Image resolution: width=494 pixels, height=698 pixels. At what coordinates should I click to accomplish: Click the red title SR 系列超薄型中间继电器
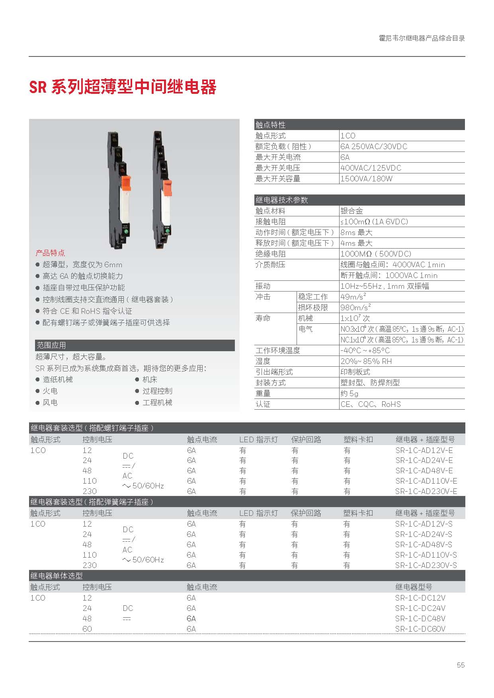coord(123,87)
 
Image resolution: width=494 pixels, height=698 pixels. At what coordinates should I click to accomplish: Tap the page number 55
coord(461,665)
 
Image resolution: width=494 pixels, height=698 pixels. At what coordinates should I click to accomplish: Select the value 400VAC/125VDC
coord(371,168)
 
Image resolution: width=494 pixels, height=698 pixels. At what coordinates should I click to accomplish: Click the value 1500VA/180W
coord(366,179)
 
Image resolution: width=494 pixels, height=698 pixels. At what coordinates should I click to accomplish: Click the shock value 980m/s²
coord(355,307)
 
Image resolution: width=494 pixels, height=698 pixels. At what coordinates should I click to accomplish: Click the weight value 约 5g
coord(349,393)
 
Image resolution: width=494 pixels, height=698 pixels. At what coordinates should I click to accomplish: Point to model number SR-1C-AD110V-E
coord(426,481)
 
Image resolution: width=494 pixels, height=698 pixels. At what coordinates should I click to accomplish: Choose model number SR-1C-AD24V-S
coord(424,534)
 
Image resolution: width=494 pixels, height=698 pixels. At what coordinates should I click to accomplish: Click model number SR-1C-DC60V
coord(420,629)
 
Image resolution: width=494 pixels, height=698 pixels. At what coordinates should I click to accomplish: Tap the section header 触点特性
coord(271,125)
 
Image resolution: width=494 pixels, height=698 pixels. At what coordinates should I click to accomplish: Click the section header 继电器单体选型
coord(57,576)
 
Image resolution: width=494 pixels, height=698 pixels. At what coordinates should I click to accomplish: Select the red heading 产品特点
coord(50,253)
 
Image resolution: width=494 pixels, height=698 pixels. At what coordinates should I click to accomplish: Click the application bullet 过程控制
coord(157,391)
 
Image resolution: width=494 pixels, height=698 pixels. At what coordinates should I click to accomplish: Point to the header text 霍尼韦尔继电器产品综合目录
coord(422,38)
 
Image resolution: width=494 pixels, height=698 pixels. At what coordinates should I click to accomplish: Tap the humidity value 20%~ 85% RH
coord(366,361)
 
